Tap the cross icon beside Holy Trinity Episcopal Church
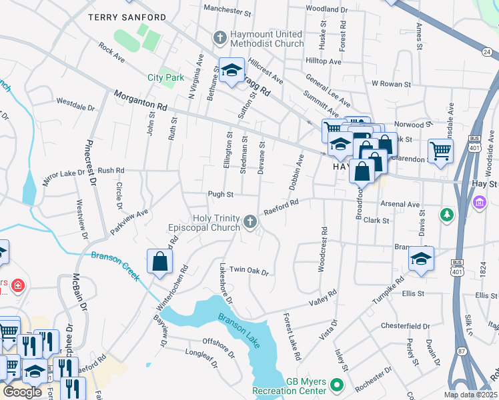click(x=250, y=221)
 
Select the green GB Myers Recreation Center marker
click(x=337, y=385)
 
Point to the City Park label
click(x=165, y=78)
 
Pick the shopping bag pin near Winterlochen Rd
click(x=160, y=261)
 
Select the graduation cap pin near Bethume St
click(x=231, y=71)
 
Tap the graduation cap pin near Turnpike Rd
click(x=421, y=259)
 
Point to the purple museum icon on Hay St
click(x=478, y=202)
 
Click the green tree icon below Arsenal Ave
click(x=446, y=215)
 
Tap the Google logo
click(x=22, y=392)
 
